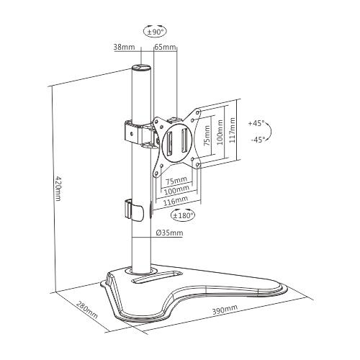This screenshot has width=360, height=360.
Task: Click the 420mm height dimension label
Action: [x=58, y=189]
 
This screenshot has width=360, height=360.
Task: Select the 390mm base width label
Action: [x=225, y=309]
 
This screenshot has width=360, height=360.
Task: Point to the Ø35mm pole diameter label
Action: [x=169, y=233]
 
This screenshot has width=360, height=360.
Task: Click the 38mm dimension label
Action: [x=124, y=47]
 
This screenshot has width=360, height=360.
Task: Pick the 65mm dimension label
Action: [x=165, y=47]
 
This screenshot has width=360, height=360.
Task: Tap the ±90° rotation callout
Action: [x=155, y=31]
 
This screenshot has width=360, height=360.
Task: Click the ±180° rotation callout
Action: [x=183, y=215]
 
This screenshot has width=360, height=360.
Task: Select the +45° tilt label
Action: [x=256, y=123]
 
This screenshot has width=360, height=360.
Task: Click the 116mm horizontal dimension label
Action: [x=176, y=201]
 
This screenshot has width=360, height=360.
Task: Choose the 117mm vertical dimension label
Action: [x=232, y=130]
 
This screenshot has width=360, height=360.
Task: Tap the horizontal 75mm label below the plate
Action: [x=176, y=180]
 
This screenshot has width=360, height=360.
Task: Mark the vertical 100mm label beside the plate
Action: [x=220, y=132]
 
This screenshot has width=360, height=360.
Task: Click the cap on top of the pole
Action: [x=141, y=68]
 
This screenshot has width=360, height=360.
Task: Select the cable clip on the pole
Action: [x=134, y=210]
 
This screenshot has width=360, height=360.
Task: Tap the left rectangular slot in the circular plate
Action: [x=168, y=143]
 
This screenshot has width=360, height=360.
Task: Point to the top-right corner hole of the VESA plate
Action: [x=197, y=112]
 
